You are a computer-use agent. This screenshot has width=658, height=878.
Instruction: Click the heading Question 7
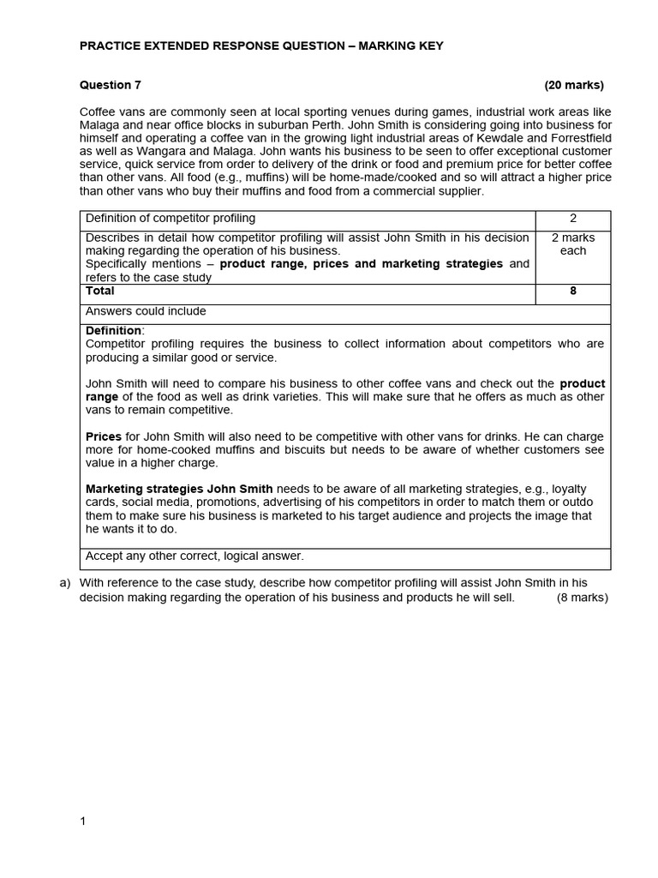pyautogui.click(x=111, y=85)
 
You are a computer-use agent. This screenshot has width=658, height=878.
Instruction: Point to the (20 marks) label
pyautogui.click(x=573, y=85)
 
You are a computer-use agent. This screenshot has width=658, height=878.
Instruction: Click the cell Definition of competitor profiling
pyautogui.click(x=170, y=219)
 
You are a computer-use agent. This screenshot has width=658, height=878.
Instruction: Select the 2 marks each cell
pyautogui.click(x=573, y=244)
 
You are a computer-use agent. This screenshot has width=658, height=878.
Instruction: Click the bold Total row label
pyautogui.click(x=100, y=292)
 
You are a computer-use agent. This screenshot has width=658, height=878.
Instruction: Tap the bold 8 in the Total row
pyautogui.click(x=573, y=292)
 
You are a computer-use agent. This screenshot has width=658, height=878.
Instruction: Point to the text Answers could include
pyautogui.click(x=146, y=311)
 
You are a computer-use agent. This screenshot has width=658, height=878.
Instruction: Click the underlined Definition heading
pyautogui.click(x=114, y=331)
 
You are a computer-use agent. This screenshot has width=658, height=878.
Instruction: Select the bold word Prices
pyautogui.click(x=104, y=437)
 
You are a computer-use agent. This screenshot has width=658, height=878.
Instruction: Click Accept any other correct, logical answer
pyautogui.click(x=194, y=556)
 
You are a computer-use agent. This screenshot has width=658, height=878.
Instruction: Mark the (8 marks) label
pyautogui.click(x=582, y=598)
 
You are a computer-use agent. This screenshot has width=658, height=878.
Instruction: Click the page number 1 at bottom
pyautogui.click(x=83, y=821)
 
